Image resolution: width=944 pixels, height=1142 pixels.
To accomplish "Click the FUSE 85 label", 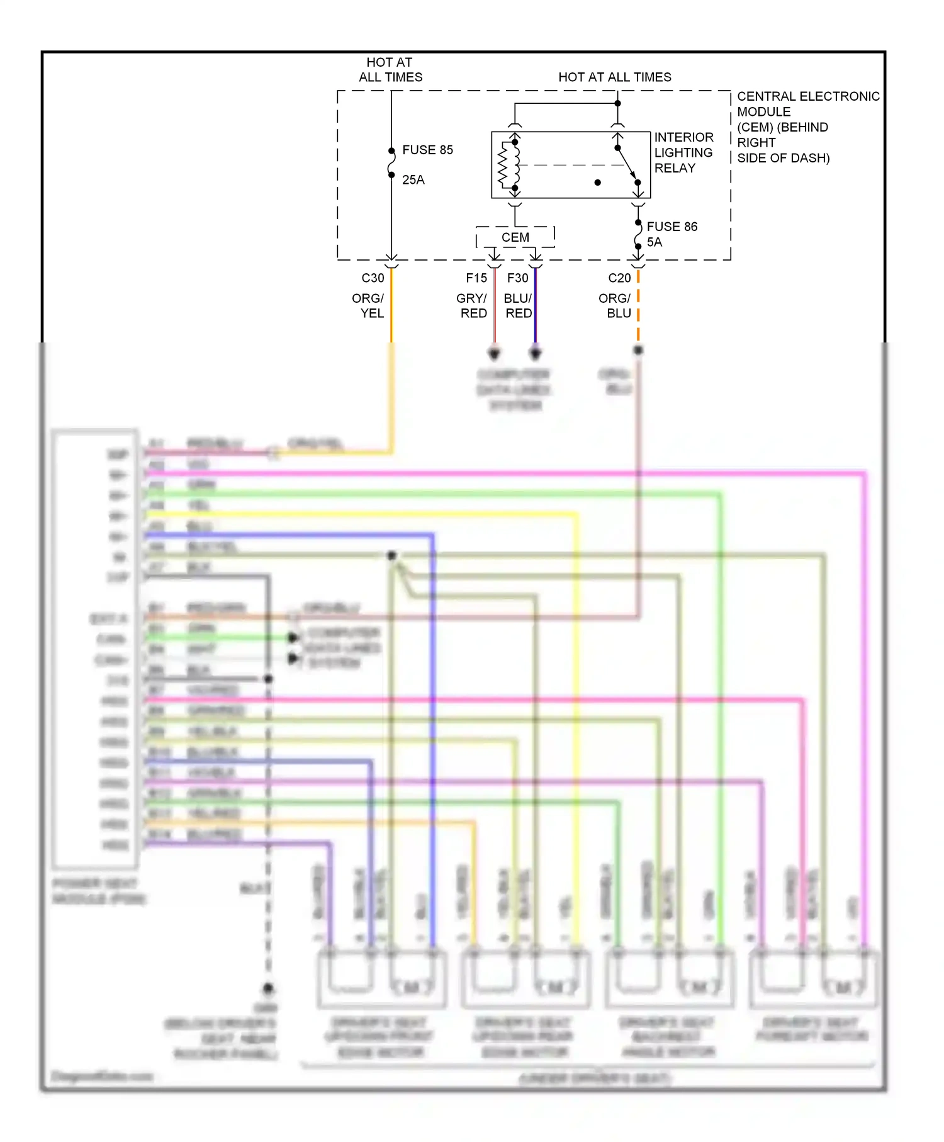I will pyautogui.click(x=427, y=150).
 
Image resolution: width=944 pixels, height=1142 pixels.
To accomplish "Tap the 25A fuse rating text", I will pyautogui.click(x=413, y=180).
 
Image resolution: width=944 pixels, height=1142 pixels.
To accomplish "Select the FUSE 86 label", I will pyautogui.click(x=671, y=227).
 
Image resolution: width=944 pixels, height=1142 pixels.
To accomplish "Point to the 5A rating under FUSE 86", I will pyautogui.click(x=655, y=242).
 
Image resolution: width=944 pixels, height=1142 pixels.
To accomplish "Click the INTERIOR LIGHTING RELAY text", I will pyautogui.click(x=683, y=152).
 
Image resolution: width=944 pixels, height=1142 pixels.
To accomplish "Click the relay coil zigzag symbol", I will pyautogui.click(x=503, y=165).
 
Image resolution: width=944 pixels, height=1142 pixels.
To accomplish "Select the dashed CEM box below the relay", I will pyautogui.click(x=515, y=237).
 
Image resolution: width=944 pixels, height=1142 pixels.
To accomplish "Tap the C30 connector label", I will pyautogui.click(x=373, y=278).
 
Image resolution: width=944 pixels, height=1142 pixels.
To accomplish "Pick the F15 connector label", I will pyautogui.click(x=476, y=278).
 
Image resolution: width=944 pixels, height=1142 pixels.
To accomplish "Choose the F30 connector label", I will pyautogui.click(x=517, y=278).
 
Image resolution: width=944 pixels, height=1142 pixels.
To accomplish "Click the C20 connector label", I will pyautogui.click(x=619, y=278).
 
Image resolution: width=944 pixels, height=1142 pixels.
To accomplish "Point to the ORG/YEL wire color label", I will pyautogui.click(x=368, y=306).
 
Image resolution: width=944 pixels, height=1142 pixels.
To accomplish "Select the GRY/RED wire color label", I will pyautogui.click(x=472, y=306).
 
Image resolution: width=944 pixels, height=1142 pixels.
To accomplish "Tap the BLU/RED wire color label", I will pyautogui.click(x=518, y=306).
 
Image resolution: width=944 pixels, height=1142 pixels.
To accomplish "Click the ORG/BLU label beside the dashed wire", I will pyautogui.click(x=615, y=306).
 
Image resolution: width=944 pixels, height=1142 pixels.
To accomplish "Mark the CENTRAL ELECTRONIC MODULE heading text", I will pyautogui.click(x=807, y=104).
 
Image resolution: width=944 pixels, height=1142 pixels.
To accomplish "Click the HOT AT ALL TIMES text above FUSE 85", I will pyautogui.click(x=390, y=70).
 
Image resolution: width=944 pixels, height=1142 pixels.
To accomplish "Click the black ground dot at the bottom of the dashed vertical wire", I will pyautogui.click(x=268, y=988).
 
